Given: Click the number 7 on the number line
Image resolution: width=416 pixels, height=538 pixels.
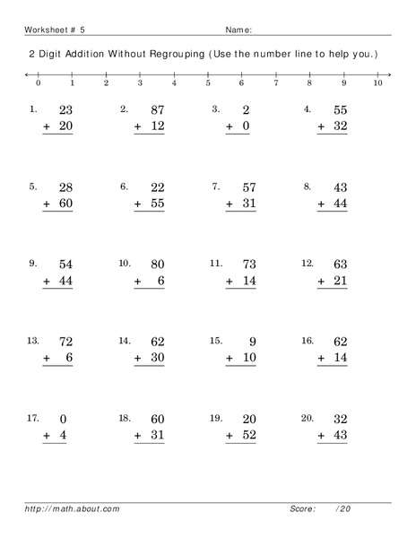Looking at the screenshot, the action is point(275,83).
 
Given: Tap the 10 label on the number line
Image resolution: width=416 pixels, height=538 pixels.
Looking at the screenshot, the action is point(377,83).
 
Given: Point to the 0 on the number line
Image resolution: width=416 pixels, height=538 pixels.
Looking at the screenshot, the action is point(38,83).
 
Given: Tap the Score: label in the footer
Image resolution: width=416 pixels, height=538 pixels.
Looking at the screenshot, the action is point(303,510).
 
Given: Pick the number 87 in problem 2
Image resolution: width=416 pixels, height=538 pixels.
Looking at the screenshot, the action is point(157,109).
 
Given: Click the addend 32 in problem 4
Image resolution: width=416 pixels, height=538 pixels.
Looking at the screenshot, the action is point(340,128).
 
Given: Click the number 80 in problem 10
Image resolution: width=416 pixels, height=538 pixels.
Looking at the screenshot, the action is point(157,265).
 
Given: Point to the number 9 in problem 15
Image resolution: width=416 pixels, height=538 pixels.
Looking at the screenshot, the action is point(252,341).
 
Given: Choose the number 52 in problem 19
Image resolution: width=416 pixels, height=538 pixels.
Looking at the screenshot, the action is point(248,436).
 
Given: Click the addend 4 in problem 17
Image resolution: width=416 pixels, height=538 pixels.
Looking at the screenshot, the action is point(64,436).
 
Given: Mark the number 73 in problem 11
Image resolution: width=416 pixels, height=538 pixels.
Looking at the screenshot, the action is point(248,265).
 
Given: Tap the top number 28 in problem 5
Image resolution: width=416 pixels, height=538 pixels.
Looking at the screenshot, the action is point(65,187).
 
